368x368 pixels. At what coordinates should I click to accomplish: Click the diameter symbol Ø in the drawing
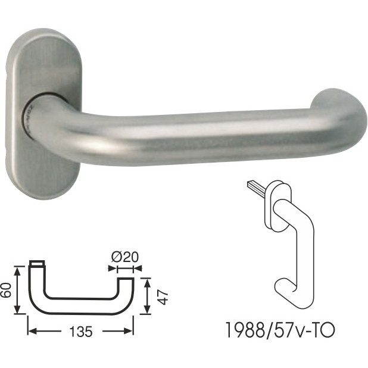click(116, 258)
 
